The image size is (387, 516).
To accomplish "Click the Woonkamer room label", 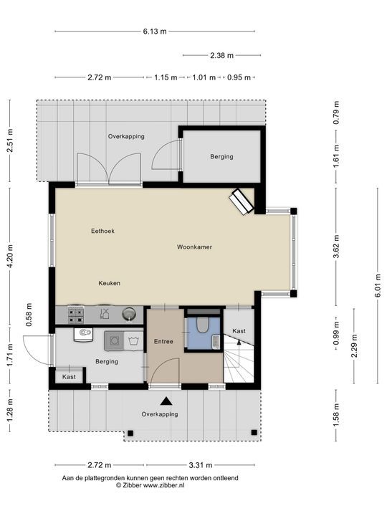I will click(x=194, y=247).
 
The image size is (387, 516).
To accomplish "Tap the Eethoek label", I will click(x=102, y=231).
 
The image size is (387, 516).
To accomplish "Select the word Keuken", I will click(x=109, y=283).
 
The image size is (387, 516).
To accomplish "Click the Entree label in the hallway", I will click(x=163, y=342).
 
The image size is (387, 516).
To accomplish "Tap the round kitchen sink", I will click(x=128, y=312).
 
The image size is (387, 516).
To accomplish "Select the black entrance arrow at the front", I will click(x=166, y=403).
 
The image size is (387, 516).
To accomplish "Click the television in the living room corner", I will click(x=241, y=201).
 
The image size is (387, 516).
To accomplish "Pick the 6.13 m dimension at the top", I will click(x=154, y=32).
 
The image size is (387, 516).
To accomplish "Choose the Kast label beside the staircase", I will click(x=239, y=331).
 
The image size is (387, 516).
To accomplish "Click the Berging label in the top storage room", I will click(x=221, y=156).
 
